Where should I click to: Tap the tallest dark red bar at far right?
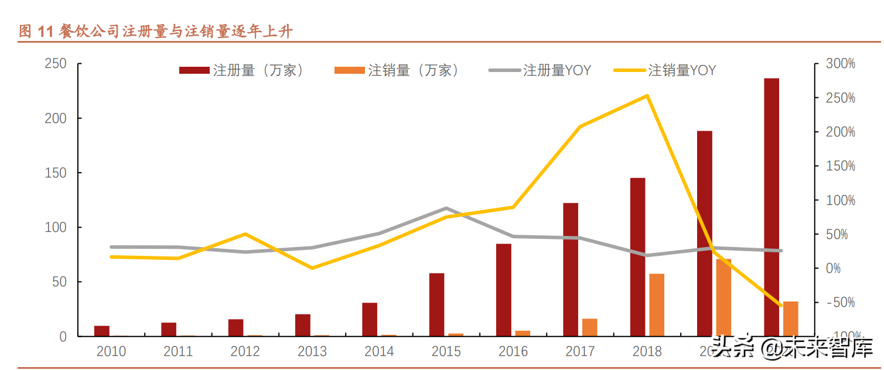pos(772,207)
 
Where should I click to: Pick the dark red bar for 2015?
pos(436,304)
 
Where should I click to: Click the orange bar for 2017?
pos(590,327)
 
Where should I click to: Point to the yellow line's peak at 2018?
pos(647,95)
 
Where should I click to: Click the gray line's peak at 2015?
pos(446,208)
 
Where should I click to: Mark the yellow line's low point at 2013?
pos(312,268)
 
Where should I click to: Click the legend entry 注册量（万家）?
pos(243,71)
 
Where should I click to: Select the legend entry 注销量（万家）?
pos(397,71)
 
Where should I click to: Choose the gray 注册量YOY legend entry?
pos(540,71)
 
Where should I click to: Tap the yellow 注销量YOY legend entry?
pos(665,71)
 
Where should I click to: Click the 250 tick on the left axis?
pos(56,63)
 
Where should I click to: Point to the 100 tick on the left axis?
pos(56,227)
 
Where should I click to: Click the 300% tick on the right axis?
pos(840,63)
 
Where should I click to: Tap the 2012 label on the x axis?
pos(245,352)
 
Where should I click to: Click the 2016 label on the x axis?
pos(513,352)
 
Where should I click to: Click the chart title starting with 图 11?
pos(155,31)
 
